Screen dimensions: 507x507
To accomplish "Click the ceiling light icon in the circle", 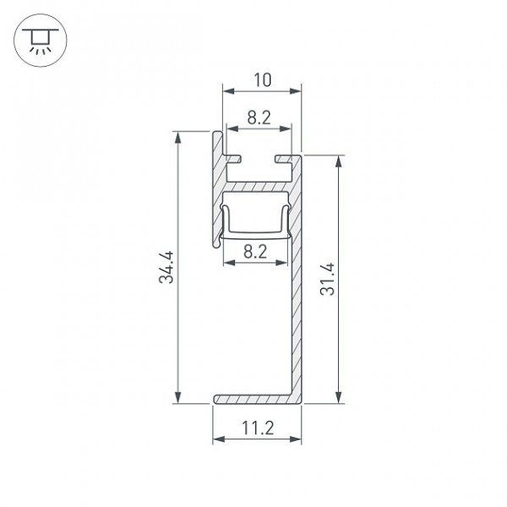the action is (41, 41).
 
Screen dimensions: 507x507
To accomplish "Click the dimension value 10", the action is (262, 80).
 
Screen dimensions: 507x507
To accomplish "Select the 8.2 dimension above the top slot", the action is (259, 117).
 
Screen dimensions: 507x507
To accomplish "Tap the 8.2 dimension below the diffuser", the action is (255, 252).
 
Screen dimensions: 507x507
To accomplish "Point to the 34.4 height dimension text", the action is (166, 267).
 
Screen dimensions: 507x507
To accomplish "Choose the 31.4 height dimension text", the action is (327, 279).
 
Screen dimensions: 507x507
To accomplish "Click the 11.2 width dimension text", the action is (258, 428).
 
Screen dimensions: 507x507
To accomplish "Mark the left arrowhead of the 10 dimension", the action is (228, 91).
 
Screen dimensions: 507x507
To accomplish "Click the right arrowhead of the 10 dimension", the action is (296, 91).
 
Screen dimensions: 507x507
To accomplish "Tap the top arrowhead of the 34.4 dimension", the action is (177, 138).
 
